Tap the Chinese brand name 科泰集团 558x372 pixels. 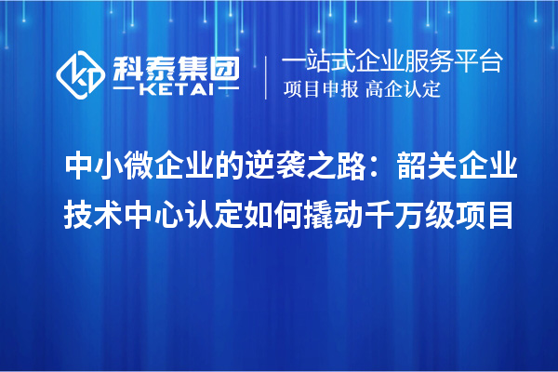[x=176, y=65]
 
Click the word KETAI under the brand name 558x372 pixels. [x=177, y=91]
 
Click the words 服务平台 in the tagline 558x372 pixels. [x=457, y=62]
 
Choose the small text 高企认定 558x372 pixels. [x=404, y=91]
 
